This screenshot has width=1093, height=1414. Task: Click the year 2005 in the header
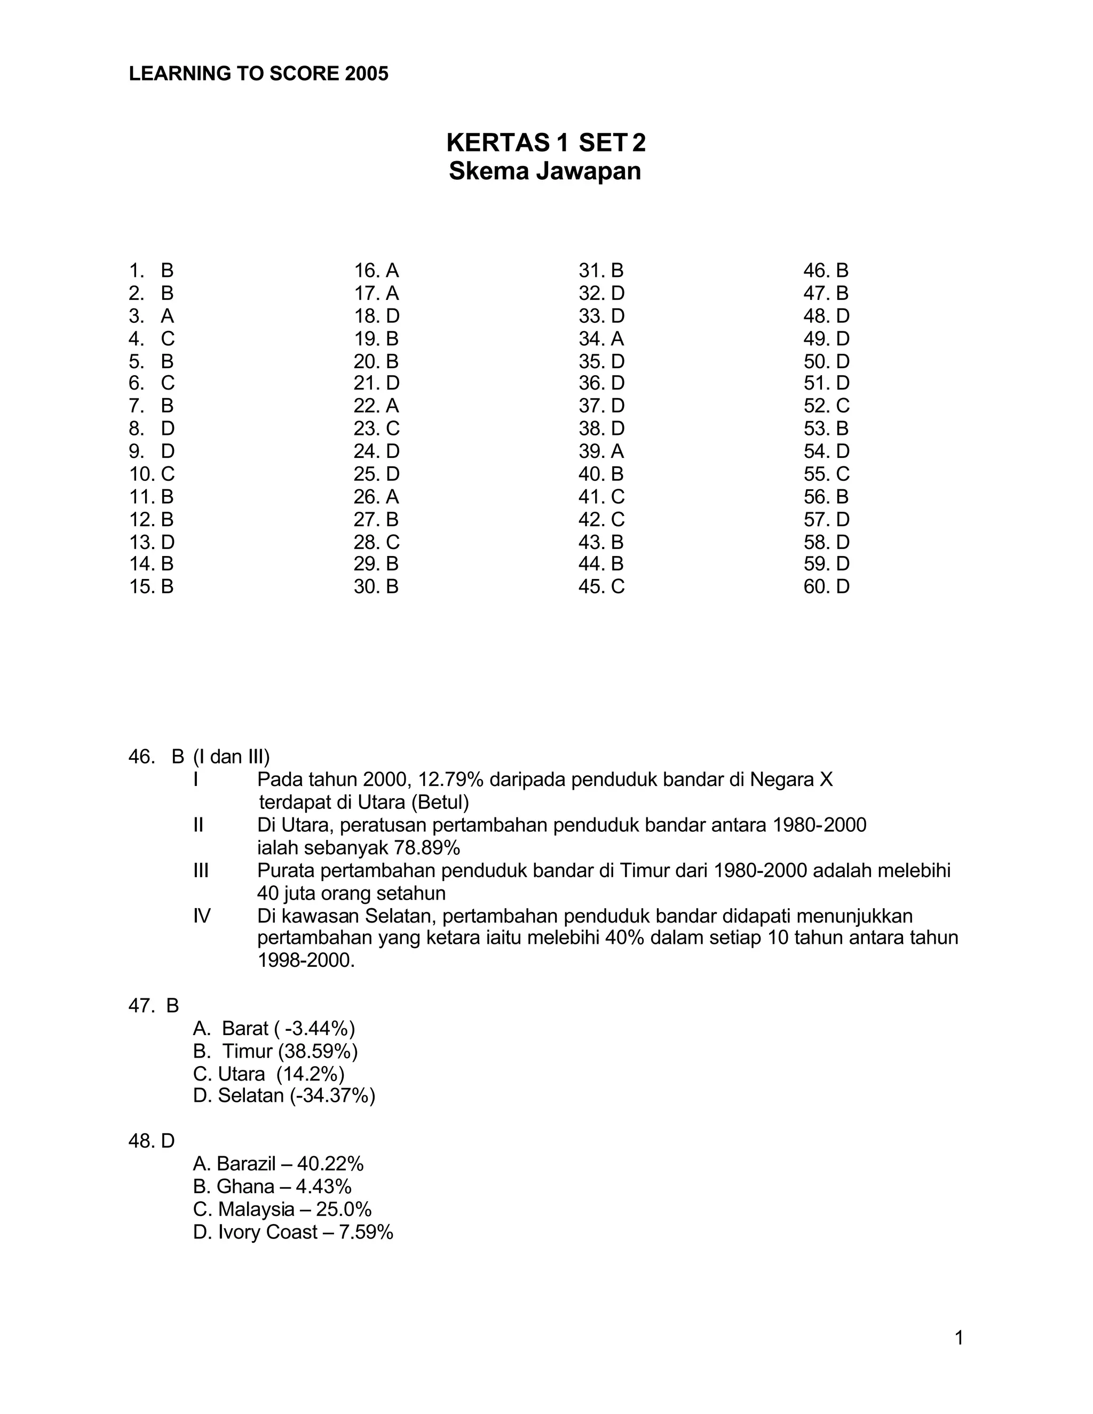coord(367,74)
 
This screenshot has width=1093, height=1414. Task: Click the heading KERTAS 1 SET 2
coord(545,142)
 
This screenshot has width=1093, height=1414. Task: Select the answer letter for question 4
coord(168,339)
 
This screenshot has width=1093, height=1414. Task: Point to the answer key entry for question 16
coord(376,271)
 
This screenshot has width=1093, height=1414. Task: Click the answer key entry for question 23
coord(376,428)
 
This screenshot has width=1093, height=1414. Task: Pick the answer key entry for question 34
coord(601,339)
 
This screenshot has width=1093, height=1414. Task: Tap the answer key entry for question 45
coord(601,586)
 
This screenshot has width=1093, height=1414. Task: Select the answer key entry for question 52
coord(826,406)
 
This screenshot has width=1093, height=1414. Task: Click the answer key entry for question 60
coord(826,586)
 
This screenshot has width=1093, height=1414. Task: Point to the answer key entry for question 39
coord(601,451)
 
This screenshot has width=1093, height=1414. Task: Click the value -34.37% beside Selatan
coord(332,1095)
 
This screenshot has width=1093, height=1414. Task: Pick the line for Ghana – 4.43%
coord(272,1186)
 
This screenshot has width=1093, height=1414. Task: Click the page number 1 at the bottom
coord(959,1338)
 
